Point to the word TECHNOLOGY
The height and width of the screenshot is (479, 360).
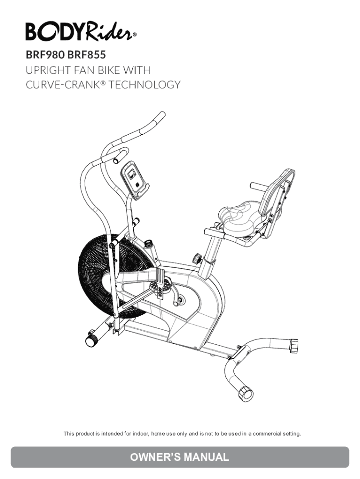click(x=150, y=85)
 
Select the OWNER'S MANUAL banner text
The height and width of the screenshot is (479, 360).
click(x=180, y=457)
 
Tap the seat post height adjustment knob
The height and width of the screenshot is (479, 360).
click(x=197, y=257)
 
